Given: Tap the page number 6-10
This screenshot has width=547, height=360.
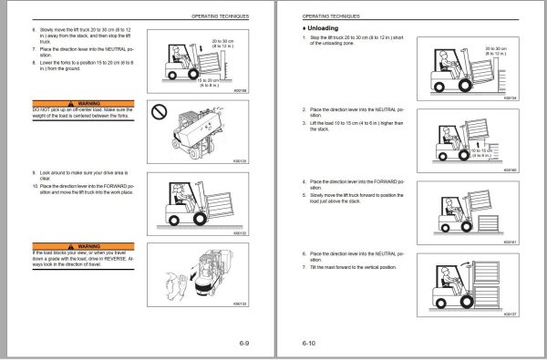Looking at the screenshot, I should pos(309,344).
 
